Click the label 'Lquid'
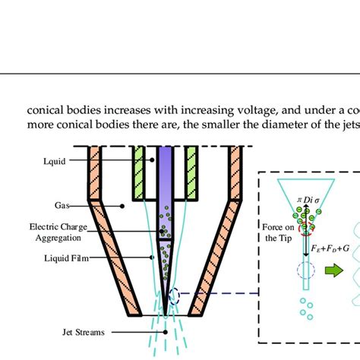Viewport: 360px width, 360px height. (x=57, y=161)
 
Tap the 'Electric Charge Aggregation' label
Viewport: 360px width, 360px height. (x=56, y=231)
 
